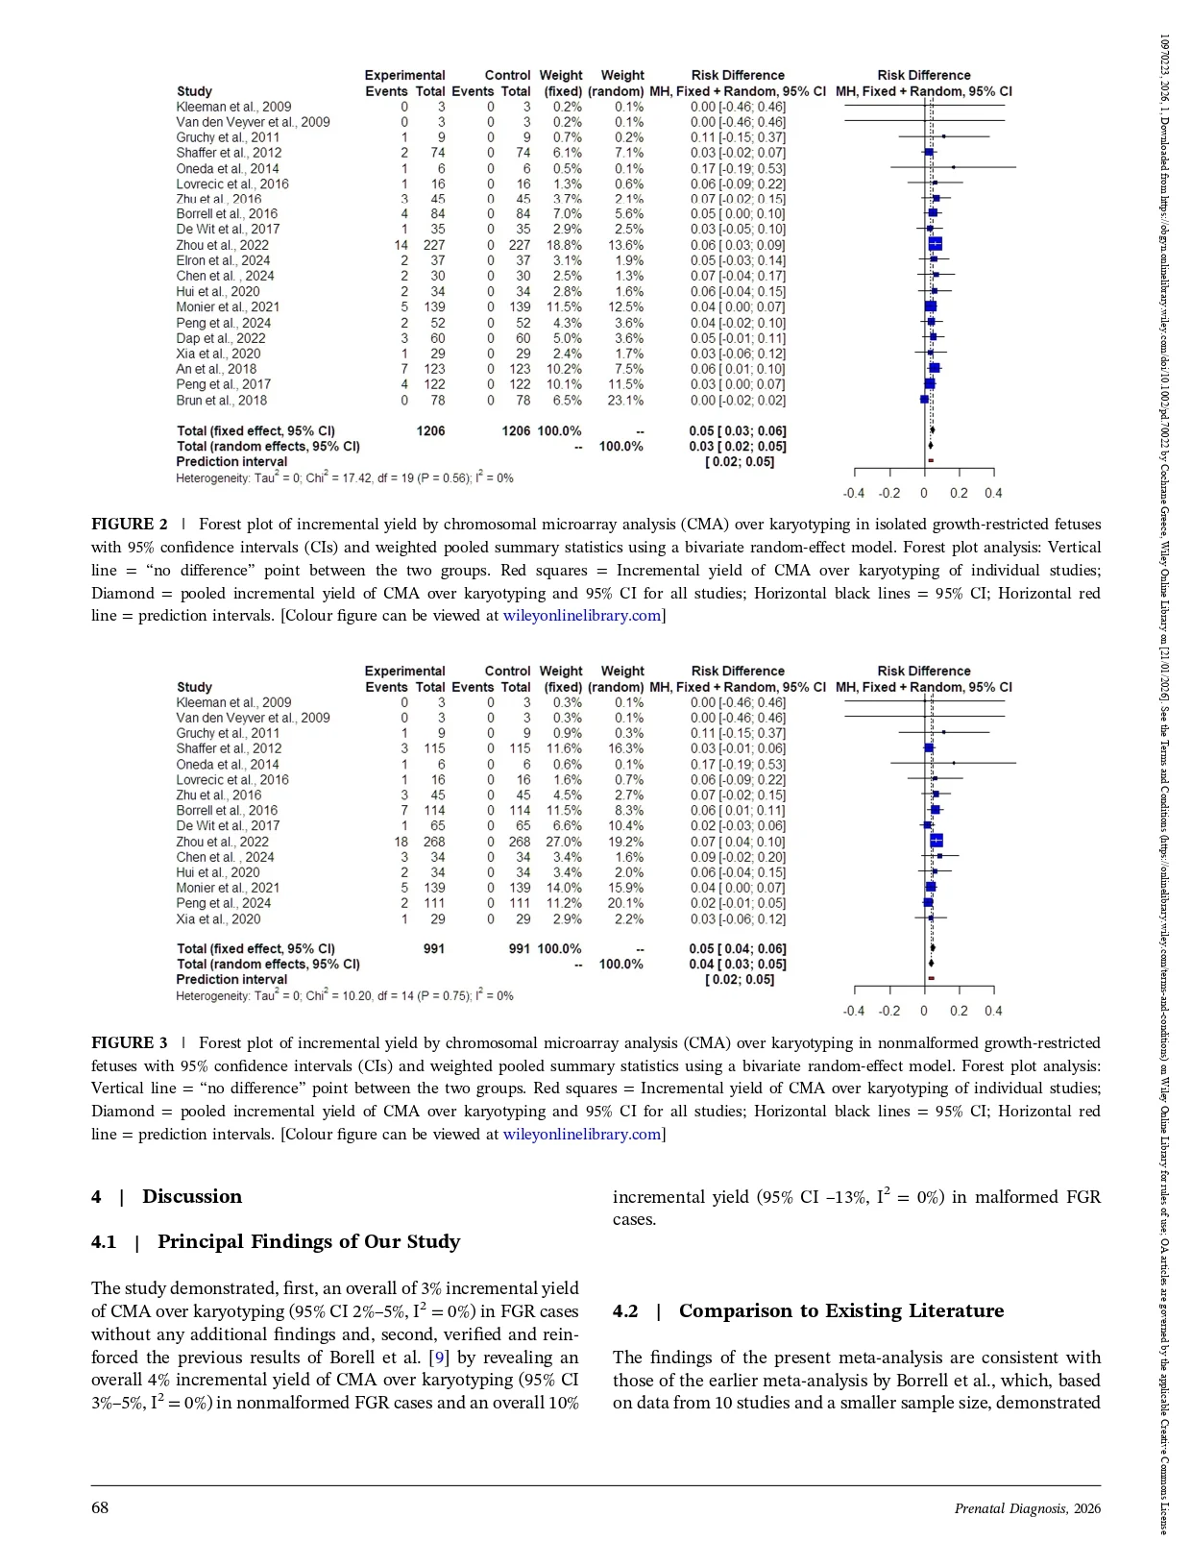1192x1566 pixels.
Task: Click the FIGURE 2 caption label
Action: (x=130, y=525)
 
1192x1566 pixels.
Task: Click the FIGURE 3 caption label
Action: (x=130, y=1043)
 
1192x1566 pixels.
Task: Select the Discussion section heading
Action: (x=191, y=1197)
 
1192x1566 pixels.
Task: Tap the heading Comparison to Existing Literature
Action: (x=840, y=1311)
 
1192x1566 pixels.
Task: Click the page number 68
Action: (x=100, y=1507)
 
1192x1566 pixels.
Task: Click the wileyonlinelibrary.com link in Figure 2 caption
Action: (x=582, y=616)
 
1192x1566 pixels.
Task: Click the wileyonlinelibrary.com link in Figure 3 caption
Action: (x=582, y=1135)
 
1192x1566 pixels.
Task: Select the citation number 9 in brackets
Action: (x=440, y=1358)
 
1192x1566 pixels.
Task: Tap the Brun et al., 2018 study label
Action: (x=222, y=401)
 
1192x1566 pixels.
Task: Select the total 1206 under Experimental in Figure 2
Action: (x=430, y=431)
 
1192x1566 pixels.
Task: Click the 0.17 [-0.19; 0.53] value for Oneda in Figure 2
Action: (x=737, y=169)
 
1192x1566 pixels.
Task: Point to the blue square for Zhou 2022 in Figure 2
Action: (x=935, y=245)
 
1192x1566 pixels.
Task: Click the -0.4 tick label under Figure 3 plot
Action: (x=853, y=1011)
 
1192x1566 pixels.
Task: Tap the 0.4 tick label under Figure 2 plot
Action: (x=993, y=493)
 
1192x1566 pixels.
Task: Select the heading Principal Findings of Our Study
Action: (x=308, y=1242)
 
